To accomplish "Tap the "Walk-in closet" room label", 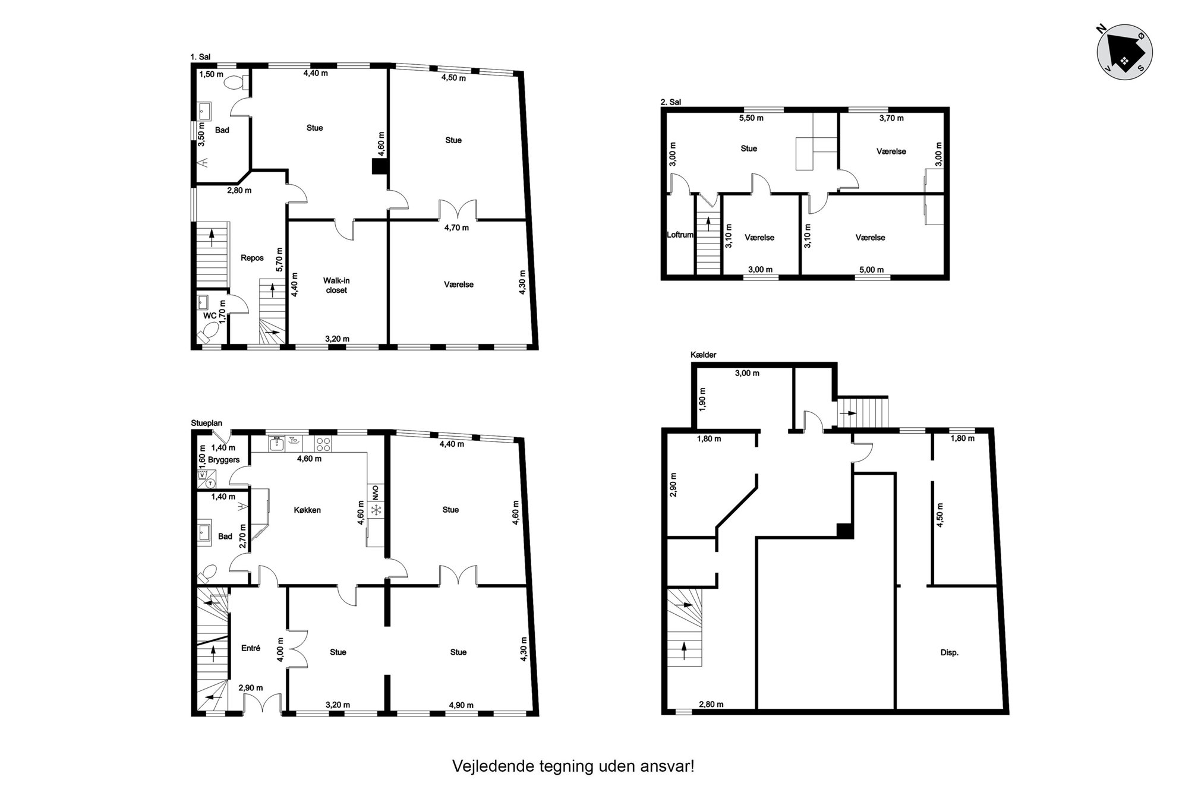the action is pos(336,285).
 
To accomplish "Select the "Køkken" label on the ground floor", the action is pos(307,510).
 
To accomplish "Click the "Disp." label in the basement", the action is pos(950,652).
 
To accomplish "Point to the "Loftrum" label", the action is pos(680,235).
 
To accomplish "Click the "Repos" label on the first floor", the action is pos(252,258).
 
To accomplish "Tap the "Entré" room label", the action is pos(251,648).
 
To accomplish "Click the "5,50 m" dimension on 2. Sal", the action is pos(751,118).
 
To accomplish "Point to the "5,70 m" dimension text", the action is pos(280,260).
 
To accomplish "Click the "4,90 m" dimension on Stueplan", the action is pos(461,705).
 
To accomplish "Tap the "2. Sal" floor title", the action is pos(671,102).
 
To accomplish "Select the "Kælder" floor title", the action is pos(704,355).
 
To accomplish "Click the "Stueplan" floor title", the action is pos(206,423).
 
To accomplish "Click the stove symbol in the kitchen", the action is pos(323,443).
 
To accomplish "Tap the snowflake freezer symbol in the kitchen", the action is pos(376,510).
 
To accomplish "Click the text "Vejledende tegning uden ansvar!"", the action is pos(573,766).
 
